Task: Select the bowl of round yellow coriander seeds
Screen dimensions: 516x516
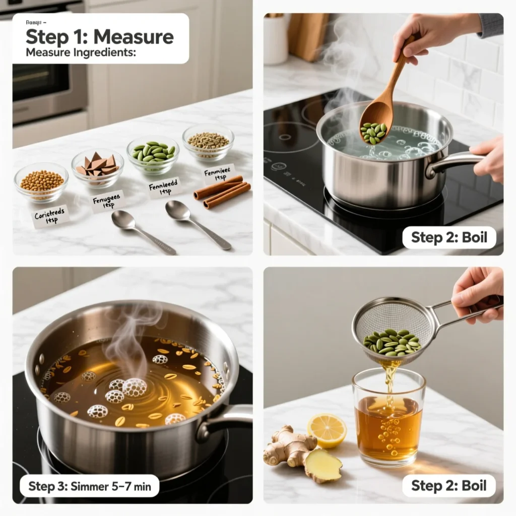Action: click(x=41, y=181)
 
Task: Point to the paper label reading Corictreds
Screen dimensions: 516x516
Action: click(x=50, y=216)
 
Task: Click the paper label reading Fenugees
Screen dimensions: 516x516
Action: click(x=109, y=202)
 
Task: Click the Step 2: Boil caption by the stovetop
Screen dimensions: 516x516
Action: click(x=449, y=237)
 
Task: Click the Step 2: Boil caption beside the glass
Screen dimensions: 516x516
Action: click(x=449, y=486)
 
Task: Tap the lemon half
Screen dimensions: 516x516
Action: click(x=327, y=430)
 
